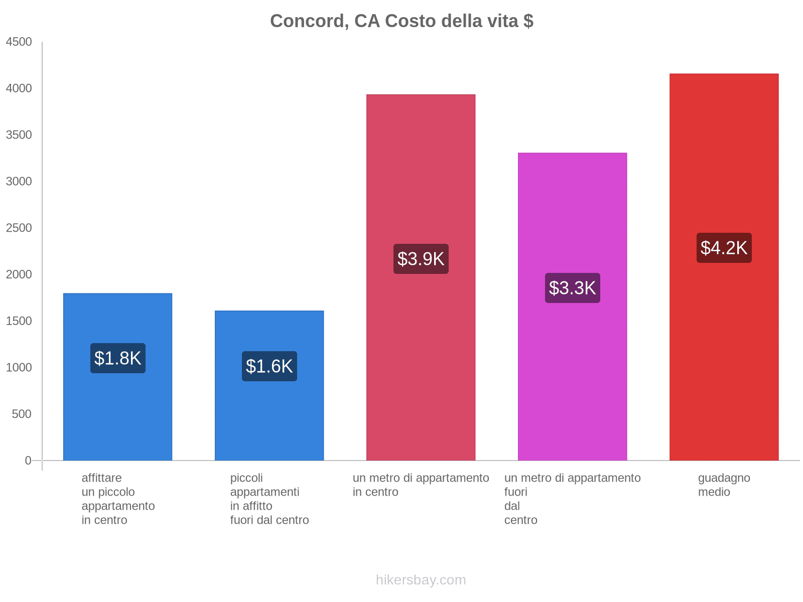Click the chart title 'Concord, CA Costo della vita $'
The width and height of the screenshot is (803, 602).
(401, 21)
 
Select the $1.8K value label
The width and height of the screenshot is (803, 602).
(118, 358)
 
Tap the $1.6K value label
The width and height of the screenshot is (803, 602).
(270, 366)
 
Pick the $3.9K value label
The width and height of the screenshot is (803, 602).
(421, 259)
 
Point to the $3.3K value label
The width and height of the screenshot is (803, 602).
(572, 288)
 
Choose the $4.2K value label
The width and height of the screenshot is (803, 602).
(724, 248)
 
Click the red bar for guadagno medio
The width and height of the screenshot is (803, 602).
(724, 351)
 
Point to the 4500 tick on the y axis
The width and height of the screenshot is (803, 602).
(19, 42)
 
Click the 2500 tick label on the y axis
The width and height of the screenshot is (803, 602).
(19, 228)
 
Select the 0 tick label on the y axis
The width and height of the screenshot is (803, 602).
(28, 461)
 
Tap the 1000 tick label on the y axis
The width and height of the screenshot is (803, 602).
(19, 368)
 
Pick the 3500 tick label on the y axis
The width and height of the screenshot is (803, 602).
(19, 135)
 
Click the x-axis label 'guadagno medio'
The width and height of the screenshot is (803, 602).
(724, 485)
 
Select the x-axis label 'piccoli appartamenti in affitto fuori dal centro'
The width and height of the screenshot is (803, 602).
(270, 499)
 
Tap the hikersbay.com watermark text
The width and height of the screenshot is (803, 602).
(421, 580)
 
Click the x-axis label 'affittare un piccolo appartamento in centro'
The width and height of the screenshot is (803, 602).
(118, 499)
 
